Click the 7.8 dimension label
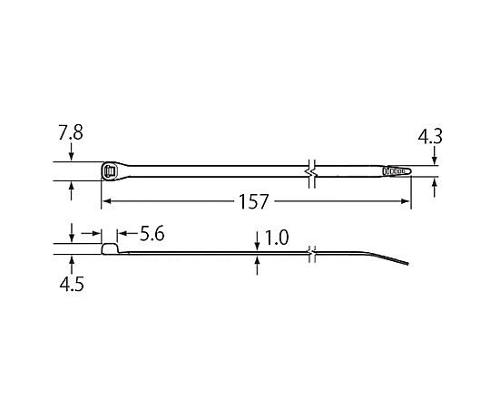71,132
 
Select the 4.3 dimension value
430,136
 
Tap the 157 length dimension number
253,201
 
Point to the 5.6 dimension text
152,234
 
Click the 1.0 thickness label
277,238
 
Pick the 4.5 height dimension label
72,284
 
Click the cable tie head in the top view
113,171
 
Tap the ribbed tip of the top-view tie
397,171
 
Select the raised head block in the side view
110,248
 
